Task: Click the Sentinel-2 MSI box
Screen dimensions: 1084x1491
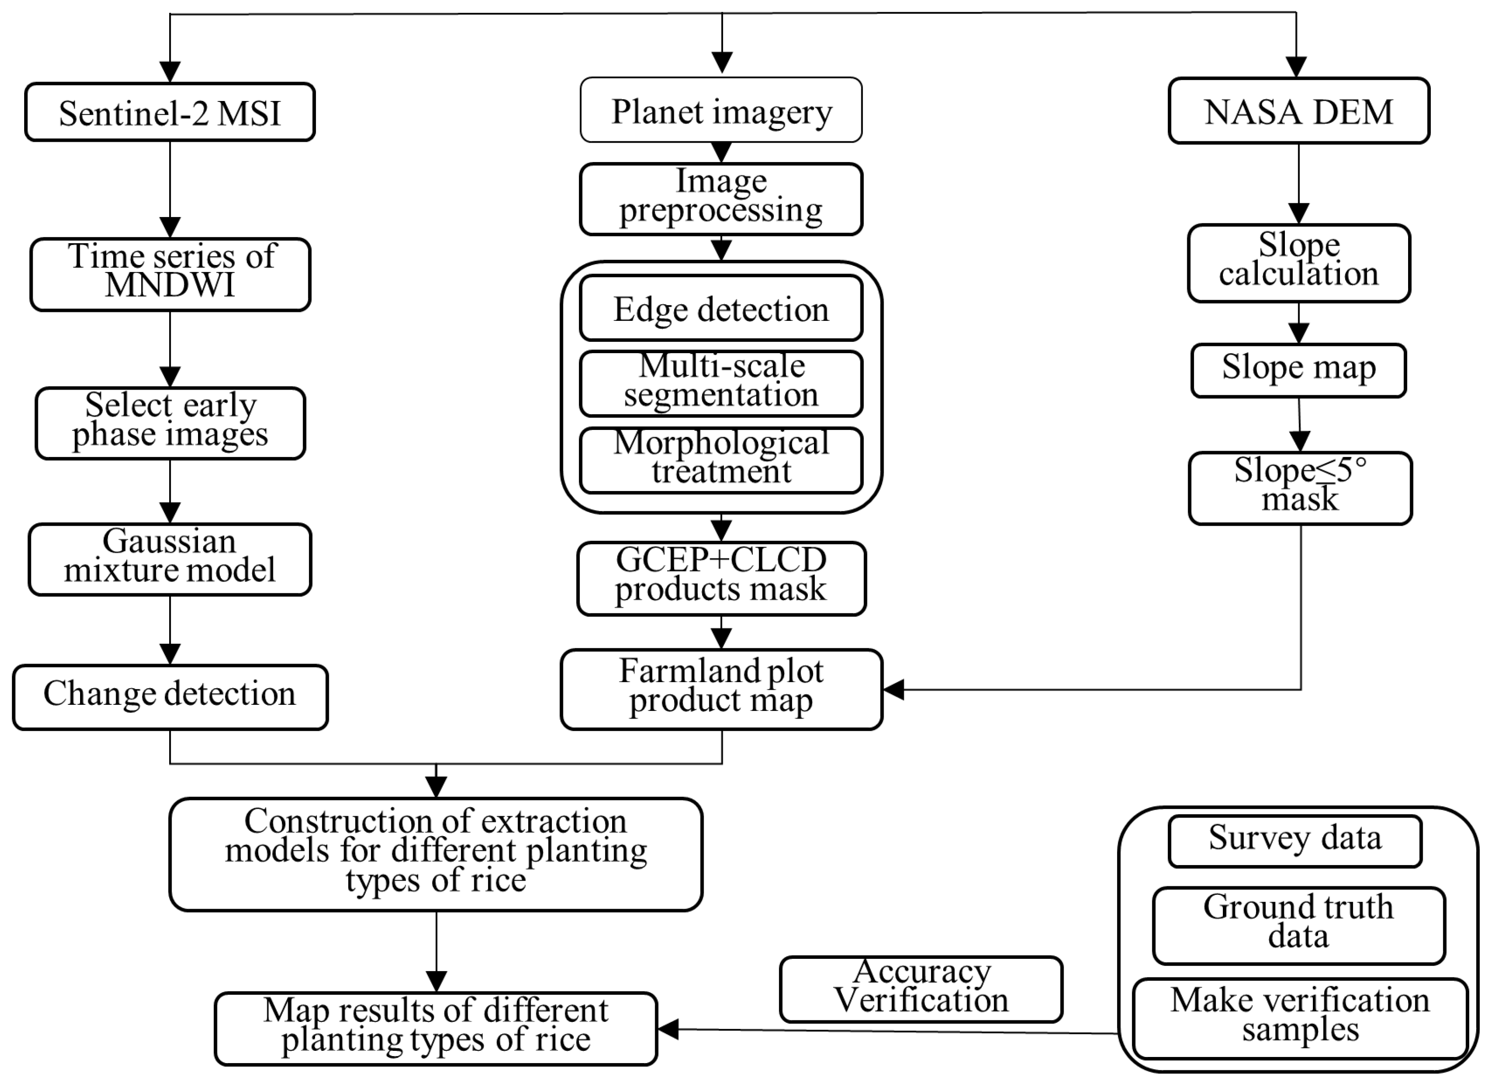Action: tap(170, 112)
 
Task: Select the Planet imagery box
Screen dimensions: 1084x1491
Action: tap(721, 110)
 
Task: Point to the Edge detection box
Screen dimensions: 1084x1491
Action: tap(721, 309)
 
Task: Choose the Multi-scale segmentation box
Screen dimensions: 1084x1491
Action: tap(721, 383)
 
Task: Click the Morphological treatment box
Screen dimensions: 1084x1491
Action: tap(721, 460)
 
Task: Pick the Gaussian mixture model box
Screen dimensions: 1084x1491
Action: tap(170, 559)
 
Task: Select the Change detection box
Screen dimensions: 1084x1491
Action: tap(170, 697)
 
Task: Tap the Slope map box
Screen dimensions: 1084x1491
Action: tap(1298, 370)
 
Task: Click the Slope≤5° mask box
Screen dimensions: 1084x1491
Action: tap(1300, 487)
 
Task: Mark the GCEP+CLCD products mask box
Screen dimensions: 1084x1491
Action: tap(721, 578)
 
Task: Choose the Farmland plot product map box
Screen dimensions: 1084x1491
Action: tap(721, 689)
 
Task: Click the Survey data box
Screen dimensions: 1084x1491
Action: tap(1294, 841)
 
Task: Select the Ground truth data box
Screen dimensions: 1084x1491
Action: tap(1298, 925)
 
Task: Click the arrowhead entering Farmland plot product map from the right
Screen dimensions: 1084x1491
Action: tap(894, 689)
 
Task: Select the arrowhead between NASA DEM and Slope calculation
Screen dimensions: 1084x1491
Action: tap(1298, 213)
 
